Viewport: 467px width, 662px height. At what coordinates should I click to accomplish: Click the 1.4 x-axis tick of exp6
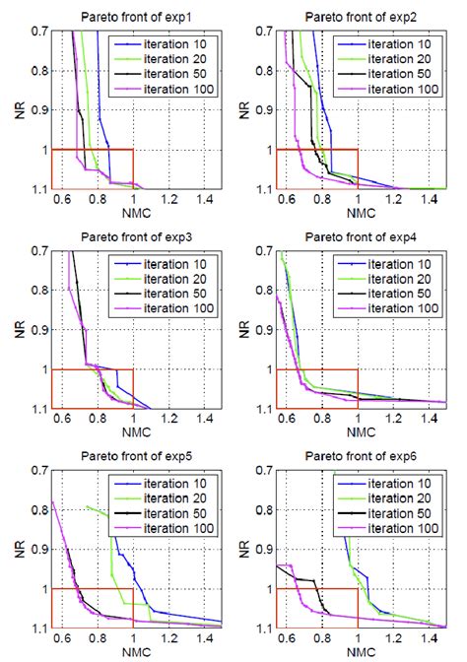point(429,639)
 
